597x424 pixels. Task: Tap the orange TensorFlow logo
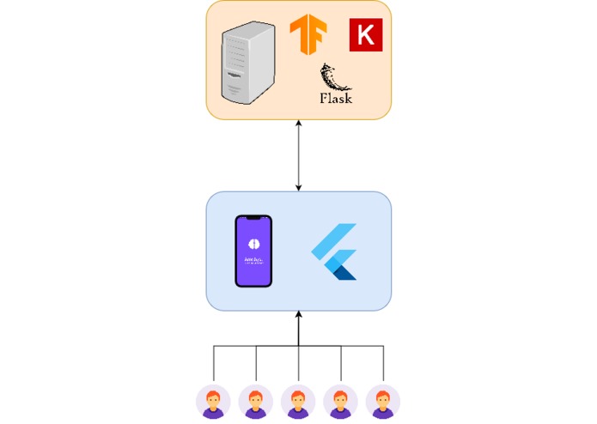(x=308, y=36)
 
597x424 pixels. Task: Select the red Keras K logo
(x=366, y=35)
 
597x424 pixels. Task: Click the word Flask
(x=336, y=99)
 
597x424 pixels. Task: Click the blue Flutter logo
(x=334, y=251)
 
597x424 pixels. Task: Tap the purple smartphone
(x=253, y=251)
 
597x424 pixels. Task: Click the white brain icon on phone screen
(x=253, y=242)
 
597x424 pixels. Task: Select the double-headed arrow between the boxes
(x=299, y=155)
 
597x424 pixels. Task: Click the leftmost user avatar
(x=214, y=401)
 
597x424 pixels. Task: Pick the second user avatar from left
(x=256, y=401)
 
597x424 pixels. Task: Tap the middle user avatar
(x=298, y=401)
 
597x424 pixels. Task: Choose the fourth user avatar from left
(x=340, y=401)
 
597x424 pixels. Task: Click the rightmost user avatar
(x=382, y=401)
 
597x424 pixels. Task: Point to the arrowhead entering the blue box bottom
(x=299, y=314)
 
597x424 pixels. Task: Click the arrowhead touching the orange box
(x=299, y=124)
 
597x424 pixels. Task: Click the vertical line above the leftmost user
(x=214, y=365)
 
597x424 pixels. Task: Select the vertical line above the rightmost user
(x=383, y=365)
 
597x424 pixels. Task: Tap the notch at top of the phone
(x=253, y=220)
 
